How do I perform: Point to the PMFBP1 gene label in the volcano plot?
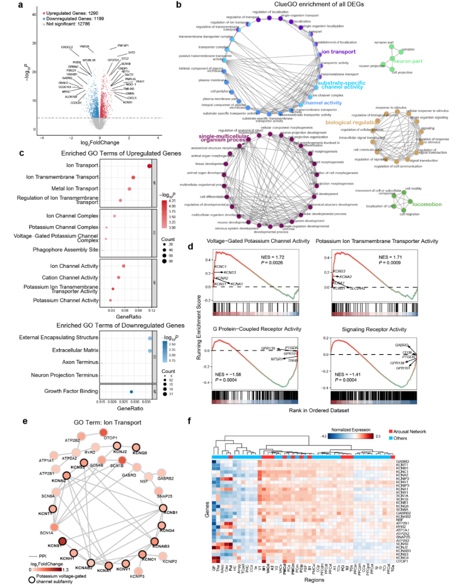(x=123, y=46)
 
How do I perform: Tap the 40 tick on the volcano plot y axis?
(x=34, y=15)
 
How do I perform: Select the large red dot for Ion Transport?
(x=149, y=166)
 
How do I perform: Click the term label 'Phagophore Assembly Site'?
(x=65, y=250)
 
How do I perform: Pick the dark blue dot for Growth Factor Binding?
(x=132, y=392)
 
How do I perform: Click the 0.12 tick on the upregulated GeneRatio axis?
(x=152, y=310)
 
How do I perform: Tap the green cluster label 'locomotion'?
(x=427, y=204)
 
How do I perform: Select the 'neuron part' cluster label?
(x=407, y=61)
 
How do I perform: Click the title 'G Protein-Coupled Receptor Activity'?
(x=257, y=329)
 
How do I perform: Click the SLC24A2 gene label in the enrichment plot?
(x=357, y=288)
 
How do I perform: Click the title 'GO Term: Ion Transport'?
(x=107, y=422)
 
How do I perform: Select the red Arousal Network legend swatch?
(x=390, y=432)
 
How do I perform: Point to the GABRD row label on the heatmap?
(x=402, y=462)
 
